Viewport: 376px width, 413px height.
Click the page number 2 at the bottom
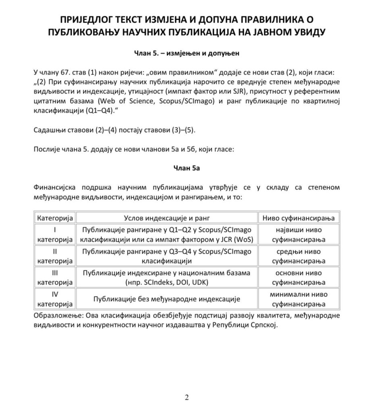coord(187,397)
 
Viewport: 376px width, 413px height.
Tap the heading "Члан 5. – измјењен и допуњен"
coord(187,52)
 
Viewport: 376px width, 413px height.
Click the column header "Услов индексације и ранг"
coord(166,218)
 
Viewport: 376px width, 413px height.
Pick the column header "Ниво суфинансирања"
coord(299,218)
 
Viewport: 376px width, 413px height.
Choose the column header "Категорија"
coord(55,218)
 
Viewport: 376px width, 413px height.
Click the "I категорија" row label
coord(55,235)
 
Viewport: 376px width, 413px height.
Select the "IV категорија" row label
coord(55,299)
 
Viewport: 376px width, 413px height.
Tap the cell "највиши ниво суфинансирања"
coord(299,235)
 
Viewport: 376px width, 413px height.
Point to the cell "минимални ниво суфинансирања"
coord(299,299)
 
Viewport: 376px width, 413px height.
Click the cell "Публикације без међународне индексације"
coord(166,299)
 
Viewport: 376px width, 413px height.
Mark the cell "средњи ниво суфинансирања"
coord(299,256)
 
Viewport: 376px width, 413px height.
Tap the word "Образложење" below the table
coord(56,315)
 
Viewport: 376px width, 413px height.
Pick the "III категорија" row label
coord(55,277)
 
